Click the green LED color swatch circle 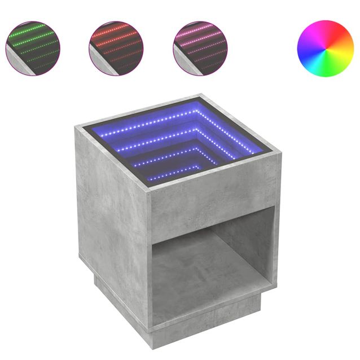(33, 48)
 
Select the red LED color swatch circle (116, 48)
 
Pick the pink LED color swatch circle (200, 48)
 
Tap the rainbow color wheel (325, 48)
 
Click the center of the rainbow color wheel (325, 48)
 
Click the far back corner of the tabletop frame (202, 96)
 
